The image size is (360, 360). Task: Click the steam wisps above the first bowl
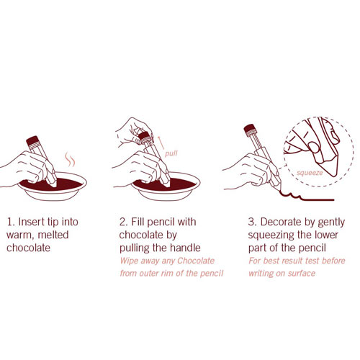(70, 159)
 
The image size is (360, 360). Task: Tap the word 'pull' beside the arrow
(171, 153)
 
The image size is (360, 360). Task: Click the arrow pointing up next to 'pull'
(161, 143)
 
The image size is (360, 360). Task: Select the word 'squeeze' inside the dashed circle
(310, 173)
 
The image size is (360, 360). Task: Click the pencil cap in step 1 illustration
(33, 141)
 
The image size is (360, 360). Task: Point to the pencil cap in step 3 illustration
(251, 130)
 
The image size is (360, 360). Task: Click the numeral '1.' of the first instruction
(11, 222)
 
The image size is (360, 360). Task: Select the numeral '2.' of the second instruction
(124, 222)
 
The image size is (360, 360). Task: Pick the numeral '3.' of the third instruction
(253, 222)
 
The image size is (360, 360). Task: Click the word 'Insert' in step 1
(32, 222)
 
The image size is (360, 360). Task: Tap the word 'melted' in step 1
(53, 235)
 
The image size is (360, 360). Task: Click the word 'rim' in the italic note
(167, 274)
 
